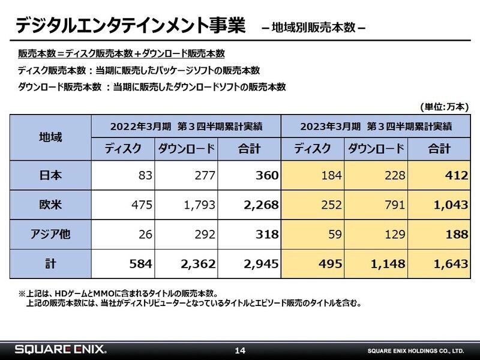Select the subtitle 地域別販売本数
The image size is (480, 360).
(314, 28)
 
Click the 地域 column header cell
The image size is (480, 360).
(50, 137)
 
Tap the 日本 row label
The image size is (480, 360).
(50, 176)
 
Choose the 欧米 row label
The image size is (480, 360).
(50, 205)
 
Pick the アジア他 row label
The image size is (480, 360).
(50, 235)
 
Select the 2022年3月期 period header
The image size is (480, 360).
(187, 127)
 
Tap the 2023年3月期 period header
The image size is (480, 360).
(376, 127)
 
